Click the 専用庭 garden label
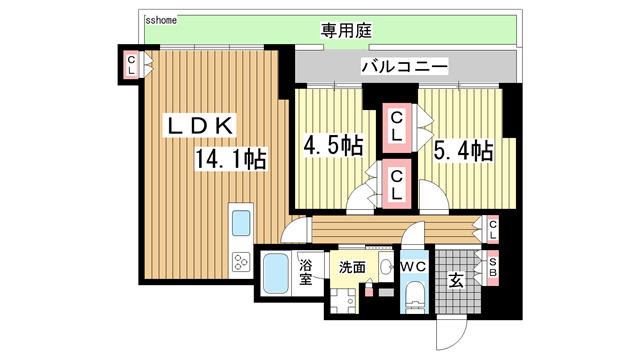tap(346, 30)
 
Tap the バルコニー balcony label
tap(404, 67)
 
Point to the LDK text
tap(199, 126)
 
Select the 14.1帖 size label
tap(230, 158)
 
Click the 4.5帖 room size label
tap(333, 147)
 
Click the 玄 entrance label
tap(455, 280)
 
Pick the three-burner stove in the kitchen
tap(241, 263)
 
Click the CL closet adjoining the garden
tap(131, 64)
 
